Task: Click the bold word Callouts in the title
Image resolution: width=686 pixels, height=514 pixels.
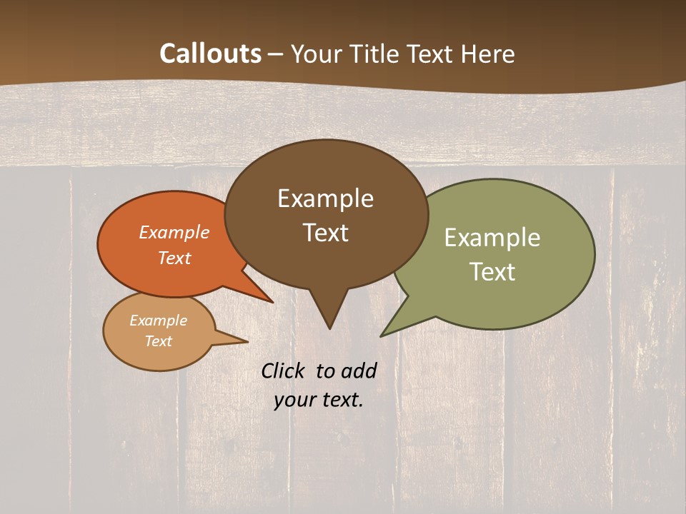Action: (211, 54)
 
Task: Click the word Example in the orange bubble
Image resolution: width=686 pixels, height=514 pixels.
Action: (174, 232)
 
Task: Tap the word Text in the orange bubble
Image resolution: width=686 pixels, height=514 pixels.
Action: (174, 258)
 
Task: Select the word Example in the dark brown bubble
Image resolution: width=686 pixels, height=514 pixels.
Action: (325, 198)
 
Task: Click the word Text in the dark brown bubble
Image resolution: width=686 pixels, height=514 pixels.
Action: (325, 233)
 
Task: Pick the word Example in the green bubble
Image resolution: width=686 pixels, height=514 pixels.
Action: (492, 238)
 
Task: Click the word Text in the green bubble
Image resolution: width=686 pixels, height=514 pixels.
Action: (492, 271)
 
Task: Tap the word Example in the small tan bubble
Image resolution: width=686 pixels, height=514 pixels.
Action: (158, 321)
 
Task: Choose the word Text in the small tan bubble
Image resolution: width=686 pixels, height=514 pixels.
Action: (158, 341)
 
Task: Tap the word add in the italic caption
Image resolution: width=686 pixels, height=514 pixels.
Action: (358, 371)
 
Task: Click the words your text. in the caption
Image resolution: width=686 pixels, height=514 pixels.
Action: (319, 400)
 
